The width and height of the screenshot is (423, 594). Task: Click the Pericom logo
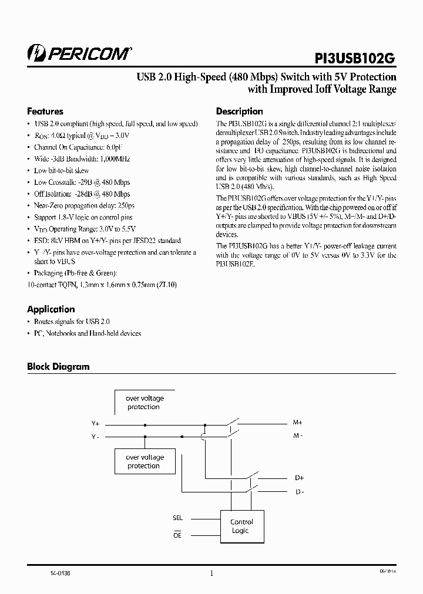tap(80, 53)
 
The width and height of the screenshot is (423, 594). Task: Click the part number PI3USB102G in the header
tap(351, 58)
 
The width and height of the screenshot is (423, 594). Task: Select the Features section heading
tap(45, 112)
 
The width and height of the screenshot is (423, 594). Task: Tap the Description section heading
tap(239, 112)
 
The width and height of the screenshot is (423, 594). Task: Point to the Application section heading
tap(51, 309)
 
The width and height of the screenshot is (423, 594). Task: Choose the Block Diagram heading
tap(58, 367)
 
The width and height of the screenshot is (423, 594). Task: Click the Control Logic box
tap(241, 526)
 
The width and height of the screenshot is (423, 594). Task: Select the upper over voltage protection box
tap(144, 403)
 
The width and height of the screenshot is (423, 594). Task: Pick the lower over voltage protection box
tap(144, 461)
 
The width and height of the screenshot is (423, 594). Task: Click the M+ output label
tap(297, 423)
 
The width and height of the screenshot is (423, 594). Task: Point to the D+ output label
tap(299, 478)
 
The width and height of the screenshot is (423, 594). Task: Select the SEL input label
tap(178, 518)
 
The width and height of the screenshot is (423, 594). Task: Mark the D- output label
tap(299, 491)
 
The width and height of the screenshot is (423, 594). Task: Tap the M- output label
tap(298, 436)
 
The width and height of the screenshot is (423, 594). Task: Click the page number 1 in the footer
tap(211, 575)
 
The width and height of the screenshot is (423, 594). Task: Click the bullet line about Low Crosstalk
tap(82, 183)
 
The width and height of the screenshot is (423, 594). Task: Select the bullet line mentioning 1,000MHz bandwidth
tap(82, 159)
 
